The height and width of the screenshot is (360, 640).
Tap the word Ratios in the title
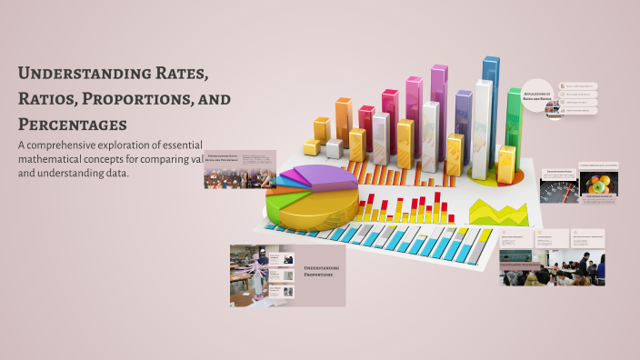(46, 98)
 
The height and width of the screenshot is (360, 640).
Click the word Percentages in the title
(72, 124)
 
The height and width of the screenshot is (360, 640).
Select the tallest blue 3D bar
(490, 100)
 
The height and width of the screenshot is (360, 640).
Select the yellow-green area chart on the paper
(498, 212)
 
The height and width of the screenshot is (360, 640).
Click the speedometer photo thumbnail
(558, 187)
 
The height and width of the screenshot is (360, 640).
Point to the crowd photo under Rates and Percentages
(239, 176)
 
